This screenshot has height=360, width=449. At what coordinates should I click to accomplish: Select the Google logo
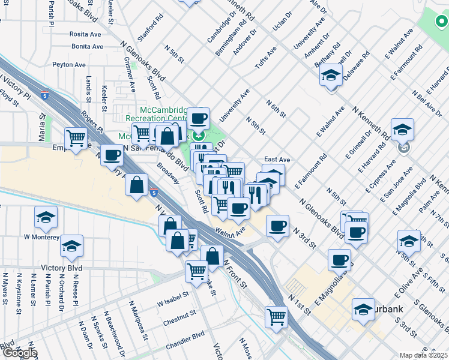pyautogui.click(x=19, y=353)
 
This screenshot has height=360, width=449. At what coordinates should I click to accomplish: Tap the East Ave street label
pyautogui.click(x=277, y=160)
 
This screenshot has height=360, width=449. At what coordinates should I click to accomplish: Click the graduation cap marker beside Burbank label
pyautogui.click(x=363, y=308)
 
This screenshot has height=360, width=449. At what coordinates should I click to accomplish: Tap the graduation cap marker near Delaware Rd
pyautogui.click(x=331, y=76)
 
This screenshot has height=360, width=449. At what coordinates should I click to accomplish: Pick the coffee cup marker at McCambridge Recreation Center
pyautogui.click(x=199, y=118)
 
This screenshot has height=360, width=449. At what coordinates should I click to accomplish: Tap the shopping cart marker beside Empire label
pyautogui.click(x=77, y=138)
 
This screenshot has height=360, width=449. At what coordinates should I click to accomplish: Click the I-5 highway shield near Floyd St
pyautogui.click(x=46, y=95)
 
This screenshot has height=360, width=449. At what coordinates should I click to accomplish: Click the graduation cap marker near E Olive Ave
pyautogui.click(x=409, y=240)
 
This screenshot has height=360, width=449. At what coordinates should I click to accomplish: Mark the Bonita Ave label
pyautogui.click(x=86, y=46)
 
